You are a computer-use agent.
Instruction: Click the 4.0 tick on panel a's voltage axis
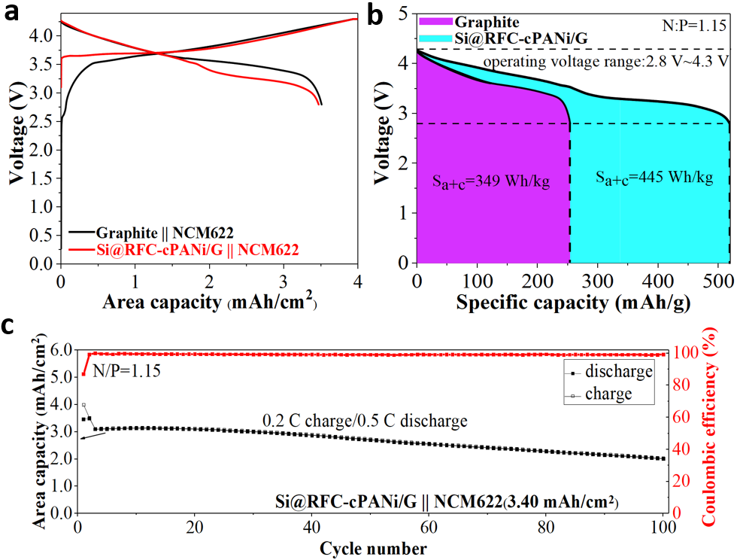pyautogui.click(x=42, y=35)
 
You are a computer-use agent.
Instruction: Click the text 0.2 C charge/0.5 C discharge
pyautogui.click(x=364, y=420)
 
